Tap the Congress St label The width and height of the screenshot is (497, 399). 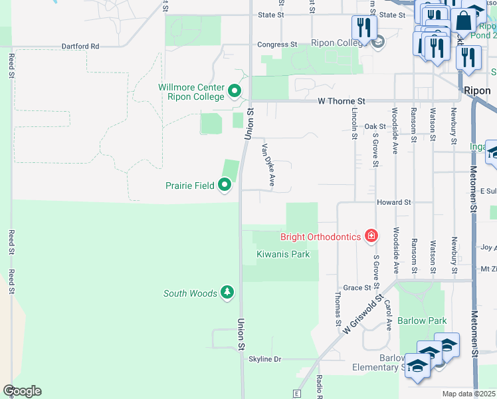point(278,45)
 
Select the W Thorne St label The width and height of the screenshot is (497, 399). point(342,101)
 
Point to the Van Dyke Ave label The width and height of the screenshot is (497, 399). point(268,164)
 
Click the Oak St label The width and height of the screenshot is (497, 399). point(375,126)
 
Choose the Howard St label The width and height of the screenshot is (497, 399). point(394,201)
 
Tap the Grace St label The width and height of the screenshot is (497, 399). point(357,288)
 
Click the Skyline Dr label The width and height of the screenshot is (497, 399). point(265,359)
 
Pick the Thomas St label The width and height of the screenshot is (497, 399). point(338,303)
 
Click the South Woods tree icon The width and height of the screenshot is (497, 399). point(227,293)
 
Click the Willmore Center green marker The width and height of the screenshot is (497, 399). point(234,90)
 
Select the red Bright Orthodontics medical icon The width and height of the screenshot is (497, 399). point(371,236)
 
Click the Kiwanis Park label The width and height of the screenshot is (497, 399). point(282,254)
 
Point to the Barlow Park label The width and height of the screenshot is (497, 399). point(422,321)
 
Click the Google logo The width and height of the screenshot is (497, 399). point(22,391)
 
